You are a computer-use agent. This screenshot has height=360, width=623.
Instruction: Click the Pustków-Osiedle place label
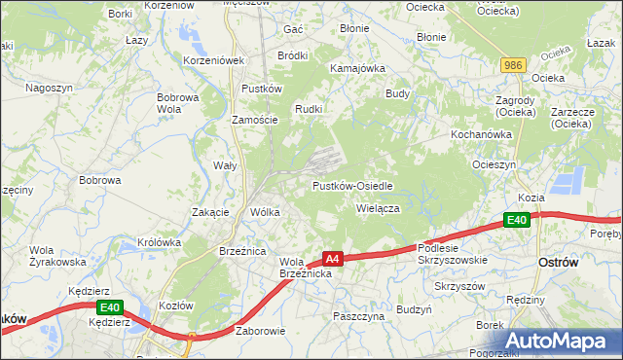coord(351,185)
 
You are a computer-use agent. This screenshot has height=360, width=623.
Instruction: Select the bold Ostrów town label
coord(559,263)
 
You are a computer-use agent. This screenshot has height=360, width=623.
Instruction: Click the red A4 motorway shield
coord(333,259)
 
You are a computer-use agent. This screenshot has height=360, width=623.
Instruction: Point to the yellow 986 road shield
coord(514,64)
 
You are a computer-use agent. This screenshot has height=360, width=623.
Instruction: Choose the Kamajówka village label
coord(358,69)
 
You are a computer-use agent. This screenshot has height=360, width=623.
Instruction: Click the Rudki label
coord(309,108)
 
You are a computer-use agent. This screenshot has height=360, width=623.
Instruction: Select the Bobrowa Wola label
coord(177,103)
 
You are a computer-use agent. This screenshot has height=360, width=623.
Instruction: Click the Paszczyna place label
coord(360,316)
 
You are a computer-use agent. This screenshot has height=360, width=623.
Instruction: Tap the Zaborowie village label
coord(260,331)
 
